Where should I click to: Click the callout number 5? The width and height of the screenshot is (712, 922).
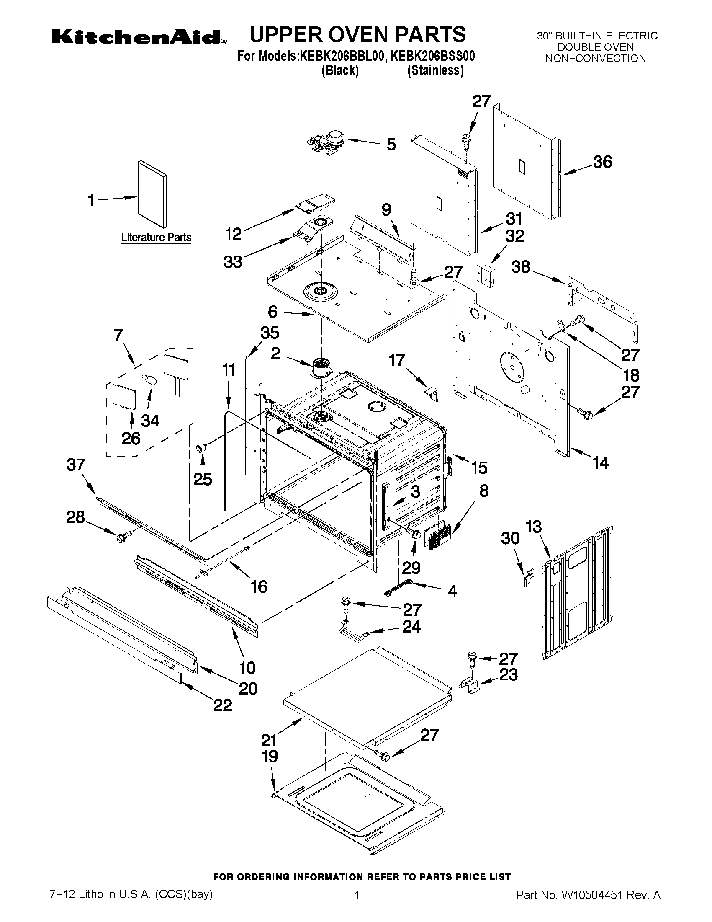(x=391, y=145)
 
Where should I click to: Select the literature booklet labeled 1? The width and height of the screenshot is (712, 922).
(x=152, y=194)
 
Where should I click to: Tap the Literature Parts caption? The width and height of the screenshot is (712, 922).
(x=156, y=238)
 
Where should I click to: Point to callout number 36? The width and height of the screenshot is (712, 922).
(x=602, y=162)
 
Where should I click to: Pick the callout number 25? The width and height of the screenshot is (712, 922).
(x=203, y=479)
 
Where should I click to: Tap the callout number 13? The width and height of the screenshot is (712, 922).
(x=534, y=527)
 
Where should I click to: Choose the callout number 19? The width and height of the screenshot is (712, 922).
(x=270, y=756)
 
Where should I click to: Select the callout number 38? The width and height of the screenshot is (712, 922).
(x=521, y=267)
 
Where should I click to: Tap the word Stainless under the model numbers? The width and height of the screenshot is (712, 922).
(x=435, y=70)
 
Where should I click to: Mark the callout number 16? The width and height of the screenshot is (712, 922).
(x=259, y=586)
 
